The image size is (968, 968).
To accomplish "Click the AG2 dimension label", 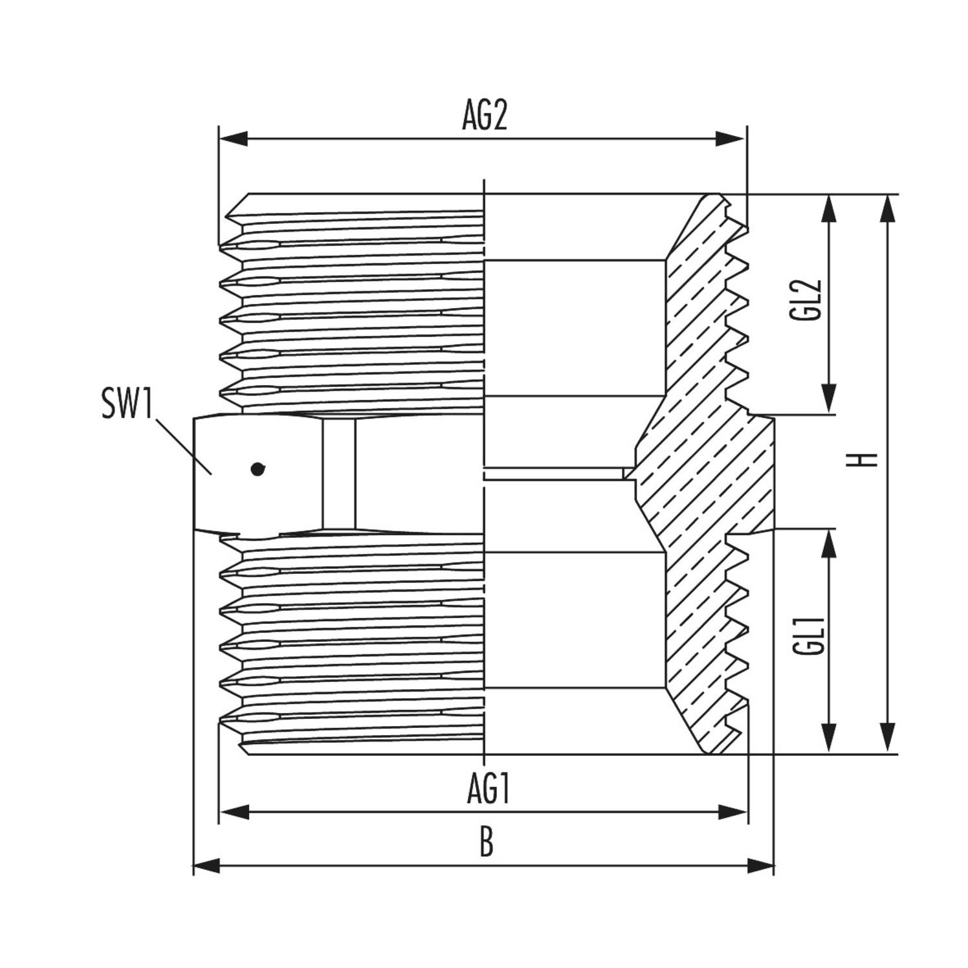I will point(484,116).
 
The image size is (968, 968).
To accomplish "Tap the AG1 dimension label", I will point(489,789).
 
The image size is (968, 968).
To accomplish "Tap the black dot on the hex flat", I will point(258,469).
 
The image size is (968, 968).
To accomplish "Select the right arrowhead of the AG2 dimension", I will point(731,138).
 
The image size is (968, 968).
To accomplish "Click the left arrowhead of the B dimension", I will point(208,865).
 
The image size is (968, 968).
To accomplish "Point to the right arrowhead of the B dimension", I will point(760,865).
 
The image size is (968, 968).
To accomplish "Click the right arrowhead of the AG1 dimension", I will point(732,811).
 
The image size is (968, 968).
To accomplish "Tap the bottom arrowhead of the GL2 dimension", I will point(829,399).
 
